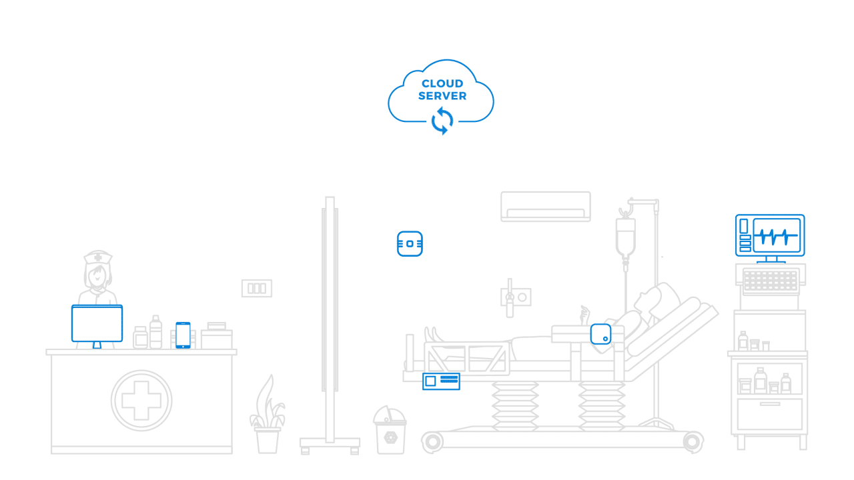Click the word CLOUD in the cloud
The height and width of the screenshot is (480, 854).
(x=442, y=83)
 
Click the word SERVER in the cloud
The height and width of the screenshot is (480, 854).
(x=442, y=95)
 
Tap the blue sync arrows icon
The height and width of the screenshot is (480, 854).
(x=442, y=121)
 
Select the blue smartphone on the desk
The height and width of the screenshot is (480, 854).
(x=183, y=335)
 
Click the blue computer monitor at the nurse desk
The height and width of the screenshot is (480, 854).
(x=97, y=324)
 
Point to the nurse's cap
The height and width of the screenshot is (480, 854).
(x=98, y=257)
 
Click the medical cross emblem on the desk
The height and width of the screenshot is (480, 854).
(x=141, y=401)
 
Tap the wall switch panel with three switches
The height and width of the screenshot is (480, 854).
(x=257, y=289)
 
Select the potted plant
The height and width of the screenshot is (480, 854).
(x=268, y=415)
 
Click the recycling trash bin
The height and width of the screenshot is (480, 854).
(x=390, y=430)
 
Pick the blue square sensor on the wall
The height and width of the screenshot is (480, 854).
(x=410, y=244)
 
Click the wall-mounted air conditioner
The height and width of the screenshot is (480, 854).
(x=546, y=207)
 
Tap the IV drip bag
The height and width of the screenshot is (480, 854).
(x=625, y=237)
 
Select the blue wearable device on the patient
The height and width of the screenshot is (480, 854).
(x=601, y=334)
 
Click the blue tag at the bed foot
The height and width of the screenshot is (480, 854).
(x=441, y=381)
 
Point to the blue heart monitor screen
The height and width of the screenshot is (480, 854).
(x=770, y=236)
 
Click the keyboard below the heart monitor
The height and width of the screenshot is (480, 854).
(x=771, y=281)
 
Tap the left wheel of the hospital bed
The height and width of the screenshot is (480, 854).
(x=433, y=442)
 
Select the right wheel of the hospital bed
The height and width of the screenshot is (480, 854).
(x=693, y=442)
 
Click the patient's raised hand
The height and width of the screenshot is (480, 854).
(x=584, y=315)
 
